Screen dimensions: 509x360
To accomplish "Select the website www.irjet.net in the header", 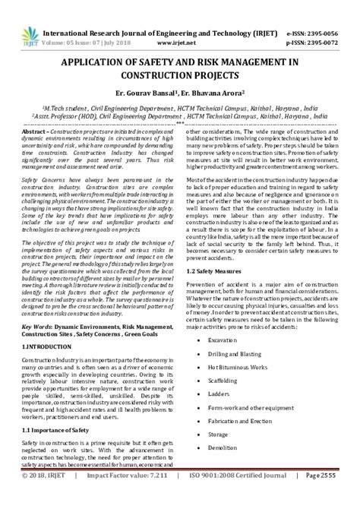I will click(180, 23).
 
